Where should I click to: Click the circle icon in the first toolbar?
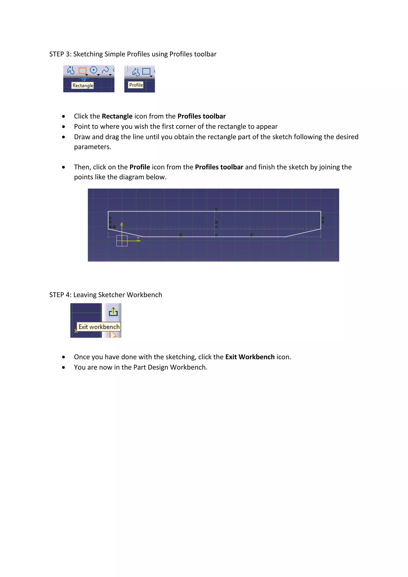click(x=93, y=70)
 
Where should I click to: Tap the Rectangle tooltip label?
click(x=83, y=85)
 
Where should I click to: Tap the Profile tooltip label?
click(x=136, y=85)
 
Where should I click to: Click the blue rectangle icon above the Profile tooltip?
click(x=146, y=71)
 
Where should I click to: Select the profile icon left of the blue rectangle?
click(x=136, y=72)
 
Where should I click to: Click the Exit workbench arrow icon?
click(x=113, y=312)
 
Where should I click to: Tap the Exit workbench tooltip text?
click(x=99, y=327)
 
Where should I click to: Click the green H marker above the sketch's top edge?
click(x=216, y=209)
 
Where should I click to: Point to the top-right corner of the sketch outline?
click(x=321, y=211)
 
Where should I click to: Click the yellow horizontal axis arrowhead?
click(x=139, y=241)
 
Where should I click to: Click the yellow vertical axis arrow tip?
click(x=122, y=224)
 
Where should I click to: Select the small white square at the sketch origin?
click(x=122, y=241)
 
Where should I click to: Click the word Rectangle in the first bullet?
click(x=117, y=116)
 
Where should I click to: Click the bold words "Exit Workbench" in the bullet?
click(x=250, y=357)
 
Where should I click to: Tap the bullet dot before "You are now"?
click(x=64, y=367)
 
